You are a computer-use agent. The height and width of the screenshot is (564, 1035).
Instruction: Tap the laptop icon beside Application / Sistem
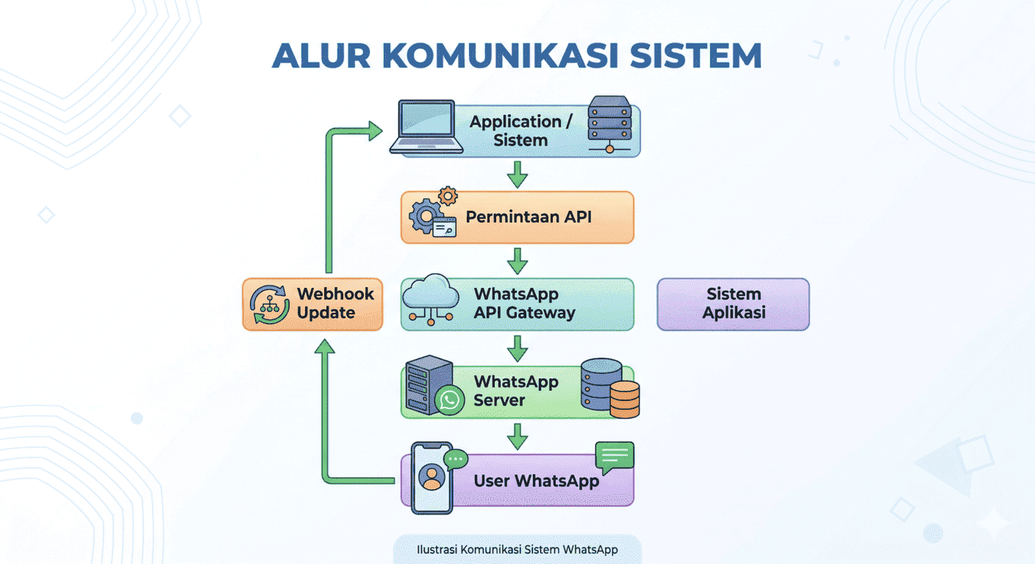coord(426,128)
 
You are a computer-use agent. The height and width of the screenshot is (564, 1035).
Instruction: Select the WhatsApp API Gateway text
coord(524,303)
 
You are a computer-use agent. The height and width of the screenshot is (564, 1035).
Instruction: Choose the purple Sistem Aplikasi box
coord(733,304)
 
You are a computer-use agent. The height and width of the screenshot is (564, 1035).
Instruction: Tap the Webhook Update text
coord(335,303)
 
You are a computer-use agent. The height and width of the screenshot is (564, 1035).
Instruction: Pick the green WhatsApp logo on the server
coord(449,399)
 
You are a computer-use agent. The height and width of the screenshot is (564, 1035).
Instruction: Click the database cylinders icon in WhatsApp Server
coord(609,388)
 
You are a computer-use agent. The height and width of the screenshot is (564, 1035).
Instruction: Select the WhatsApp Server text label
coord(515,391)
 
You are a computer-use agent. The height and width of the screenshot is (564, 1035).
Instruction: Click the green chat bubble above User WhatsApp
coord(614,458)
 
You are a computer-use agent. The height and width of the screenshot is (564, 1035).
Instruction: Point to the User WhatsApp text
coord(536,482)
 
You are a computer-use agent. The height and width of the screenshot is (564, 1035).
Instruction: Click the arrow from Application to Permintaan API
coord(518,175)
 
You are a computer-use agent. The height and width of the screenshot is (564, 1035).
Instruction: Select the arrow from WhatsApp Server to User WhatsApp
coord(518,436)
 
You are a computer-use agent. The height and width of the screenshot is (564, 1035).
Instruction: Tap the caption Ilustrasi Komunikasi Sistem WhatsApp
coord(517,549)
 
